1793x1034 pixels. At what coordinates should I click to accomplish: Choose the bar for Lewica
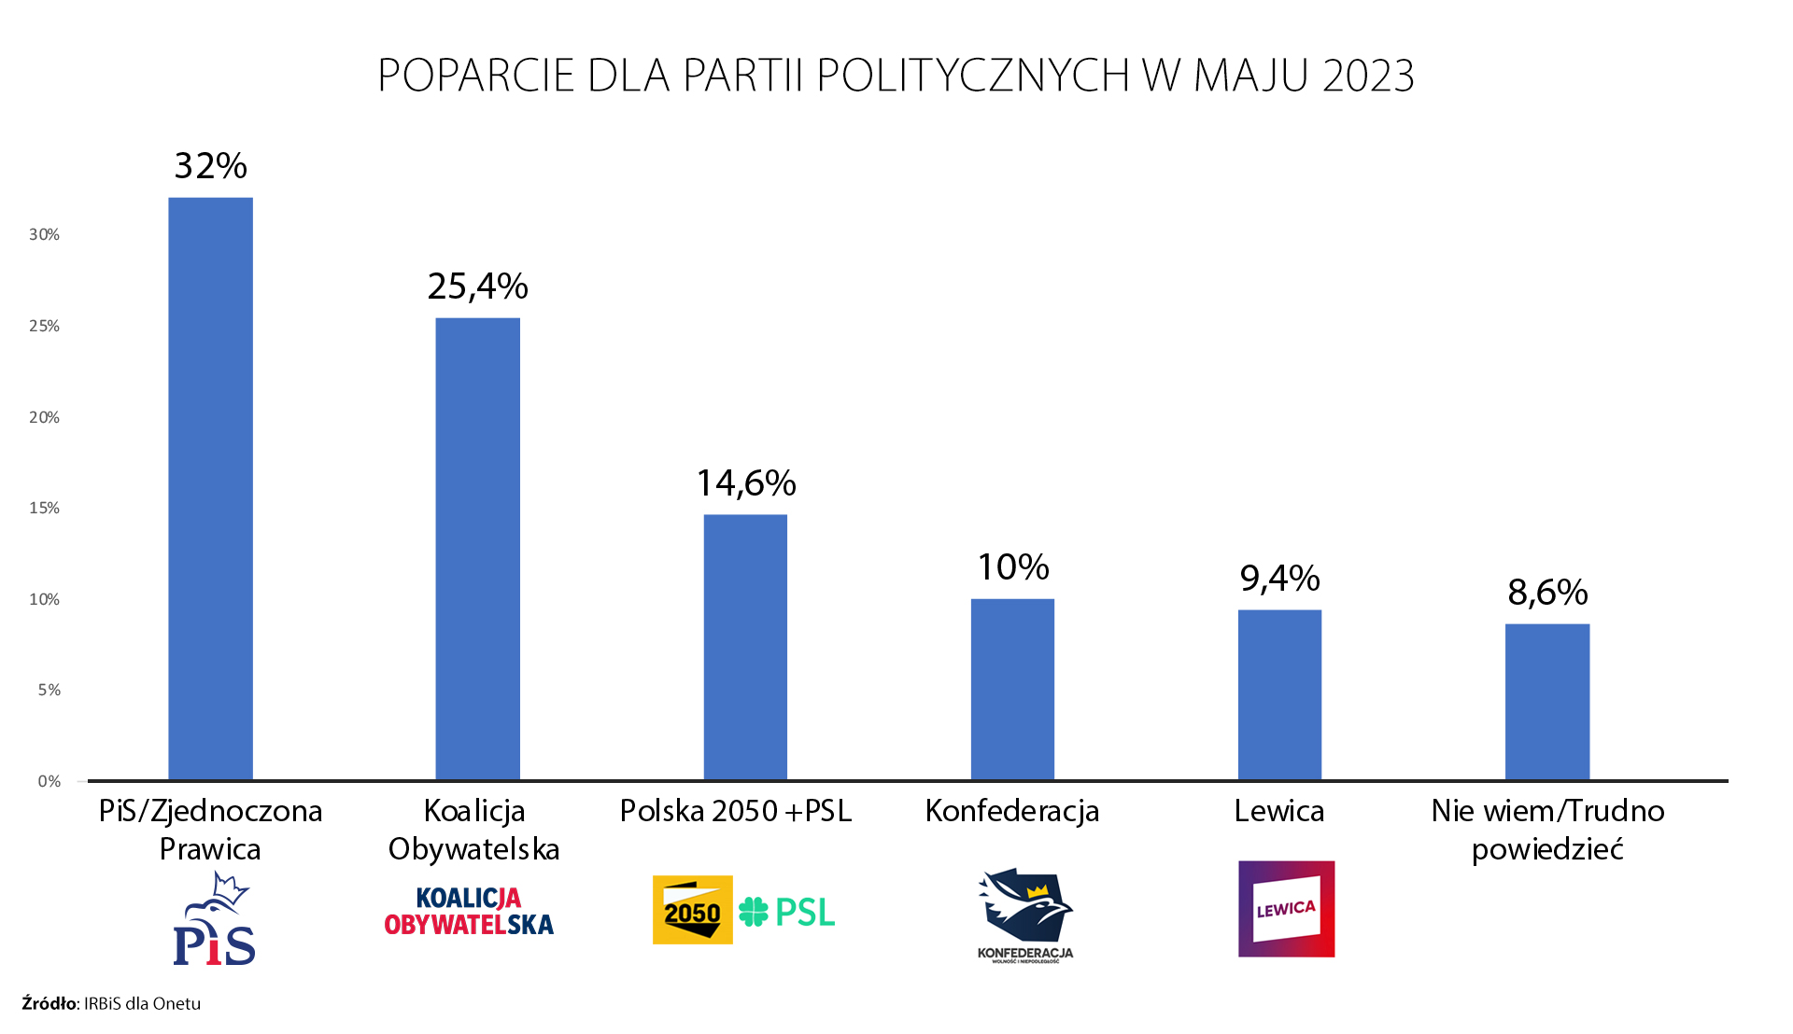pos(1279,694)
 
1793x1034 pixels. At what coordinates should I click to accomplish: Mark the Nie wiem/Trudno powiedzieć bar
pos(1547,702)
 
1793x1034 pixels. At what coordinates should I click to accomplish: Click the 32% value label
pos(211,166)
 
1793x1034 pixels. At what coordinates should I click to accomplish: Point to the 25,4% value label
pos(477,286)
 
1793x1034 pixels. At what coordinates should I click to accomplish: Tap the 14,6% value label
pos(746,483)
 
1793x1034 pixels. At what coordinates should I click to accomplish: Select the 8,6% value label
pos(1547,593)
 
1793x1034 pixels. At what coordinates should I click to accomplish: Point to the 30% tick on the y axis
pos(44,235)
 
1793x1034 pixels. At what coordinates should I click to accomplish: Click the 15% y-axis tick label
pos(44,509)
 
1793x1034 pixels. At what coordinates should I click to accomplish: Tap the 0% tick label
pos(49,782)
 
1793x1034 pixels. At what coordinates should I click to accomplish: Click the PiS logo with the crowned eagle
pos(214,919)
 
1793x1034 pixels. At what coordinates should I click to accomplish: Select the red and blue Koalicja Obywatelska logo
pos(469,912)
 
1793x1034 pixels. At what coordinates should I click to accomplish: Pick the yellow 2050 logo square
pos(692,910)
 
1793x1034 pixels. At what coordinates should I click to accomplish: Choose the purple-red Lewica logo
pos(1286,909)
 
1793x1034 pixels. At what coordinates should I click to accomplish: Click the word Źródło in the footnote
pos(49,1004)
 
